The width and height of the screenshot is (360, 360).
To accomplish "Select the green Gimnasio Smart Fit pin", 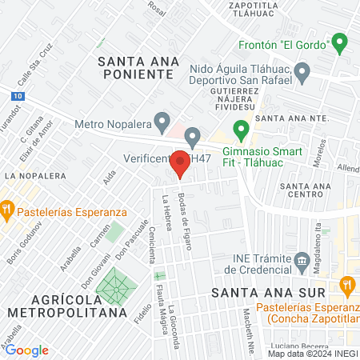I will [x=239, y=128].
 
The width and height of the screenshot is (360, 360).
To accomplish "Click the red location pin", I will [x=181, y=158].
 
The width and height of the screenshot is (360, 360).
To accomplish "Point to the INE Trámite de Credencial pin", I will [x=302, y=259].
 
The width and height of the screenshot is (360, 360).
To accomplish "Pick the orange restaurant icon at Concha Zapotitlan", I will [x=346, y=284].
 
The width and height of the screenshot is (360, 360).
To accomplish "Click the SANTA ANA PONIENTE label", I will [x=134, y=66].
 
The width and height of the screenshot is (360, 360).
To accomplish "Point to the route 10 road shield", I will [x=17, y=95].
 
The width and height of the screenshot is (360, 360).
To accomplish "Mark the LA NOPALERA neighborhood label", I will [x=34, y=174].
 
